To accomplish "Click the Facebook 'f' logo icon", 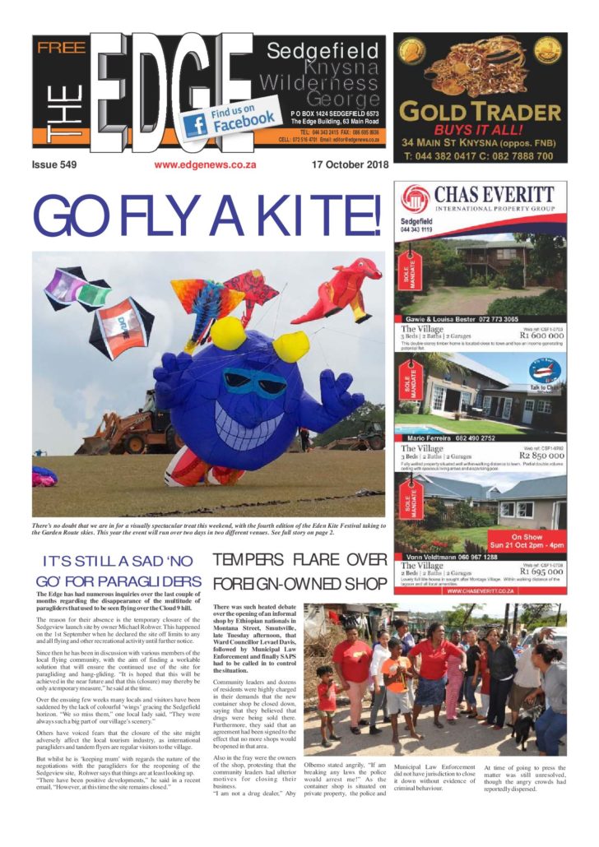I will [x=195, y=124].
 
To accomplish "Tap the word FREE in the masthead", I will [x=60, y=48].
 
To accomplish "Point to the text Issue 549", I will [x=54, y=164].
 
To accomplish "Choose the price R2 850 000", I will [x=540, y=455].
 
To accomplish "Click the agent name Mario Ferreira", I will [x=433, y=438].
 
